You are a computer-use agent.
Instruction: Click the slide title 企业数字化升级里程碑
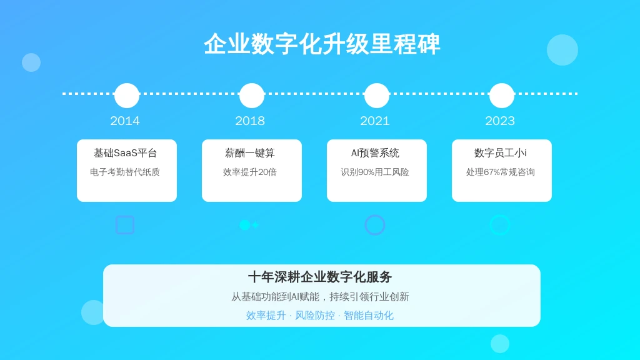click(x=322, y=44)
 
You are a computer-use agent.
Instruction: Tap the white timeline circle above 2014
click(x=127, y=96)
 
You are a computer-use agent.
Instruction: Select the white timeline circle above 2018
click(x=252, y=96)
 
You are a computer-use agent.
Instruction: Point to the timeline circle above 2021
click(x=377, y=96)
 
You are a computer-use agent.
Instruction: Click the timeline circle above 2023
click(x=502, y=96)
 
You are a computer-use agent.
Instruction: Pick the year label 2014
click(x=125, y=121)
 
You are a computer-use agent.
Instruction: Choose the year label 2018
click(x=250, y=121)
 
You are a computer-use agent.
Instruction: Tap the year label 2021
click(x=375, y=121)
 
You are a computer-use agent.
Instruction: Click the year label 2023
click(x=500, y=121)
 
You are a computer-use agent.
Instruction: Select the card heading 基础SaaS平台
click(x=125, y=153)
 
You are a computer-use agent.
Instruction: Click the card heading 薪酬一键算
click(x=250, y=153)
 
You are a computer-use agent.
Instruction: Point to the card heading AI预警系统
click(x=375, y=153)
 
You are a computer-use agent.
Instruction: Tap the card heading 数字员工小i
click(x=501, y=153)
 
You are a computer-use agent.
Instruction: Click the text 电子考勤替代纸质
click(x=125, y=172)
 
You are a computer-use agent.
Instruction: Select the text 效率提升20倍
click(x=250, y=172)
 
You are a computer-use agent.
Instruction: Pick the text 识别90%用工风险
click(x=375, y=172)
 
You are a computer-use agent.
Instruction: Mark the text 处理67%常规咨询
click(x=501, y=172)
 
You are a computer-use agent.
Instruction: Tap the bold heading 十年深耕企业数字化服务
click(x=320, y=277)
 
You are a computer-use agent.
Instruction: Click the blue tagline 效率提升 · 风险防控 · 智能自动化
click(x=319, y=316)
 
